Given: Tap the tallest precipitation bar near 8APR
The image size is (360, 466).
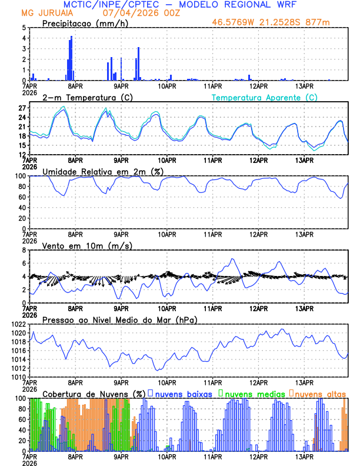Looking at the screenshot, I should (72, 58).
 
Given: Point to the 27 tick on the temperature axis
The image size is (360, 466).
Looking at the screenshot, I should (22, 108).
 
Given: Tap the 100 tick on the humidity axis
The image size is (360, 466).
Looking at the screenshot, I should (20, 176).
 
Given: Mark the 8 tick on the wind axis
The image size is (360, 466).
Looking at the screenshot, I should (24, 250).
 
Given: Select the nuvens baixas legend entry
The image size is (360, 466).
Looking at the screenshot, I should (183, 394).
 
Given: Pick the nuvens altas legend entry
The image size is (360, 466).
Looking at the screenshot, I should (318, 394).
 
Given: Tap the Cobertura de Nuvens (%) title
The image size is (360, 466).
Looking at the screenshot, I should (94, 394).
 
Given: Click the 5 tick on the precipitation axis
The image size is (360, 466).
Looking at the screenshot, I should (24, 28).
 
